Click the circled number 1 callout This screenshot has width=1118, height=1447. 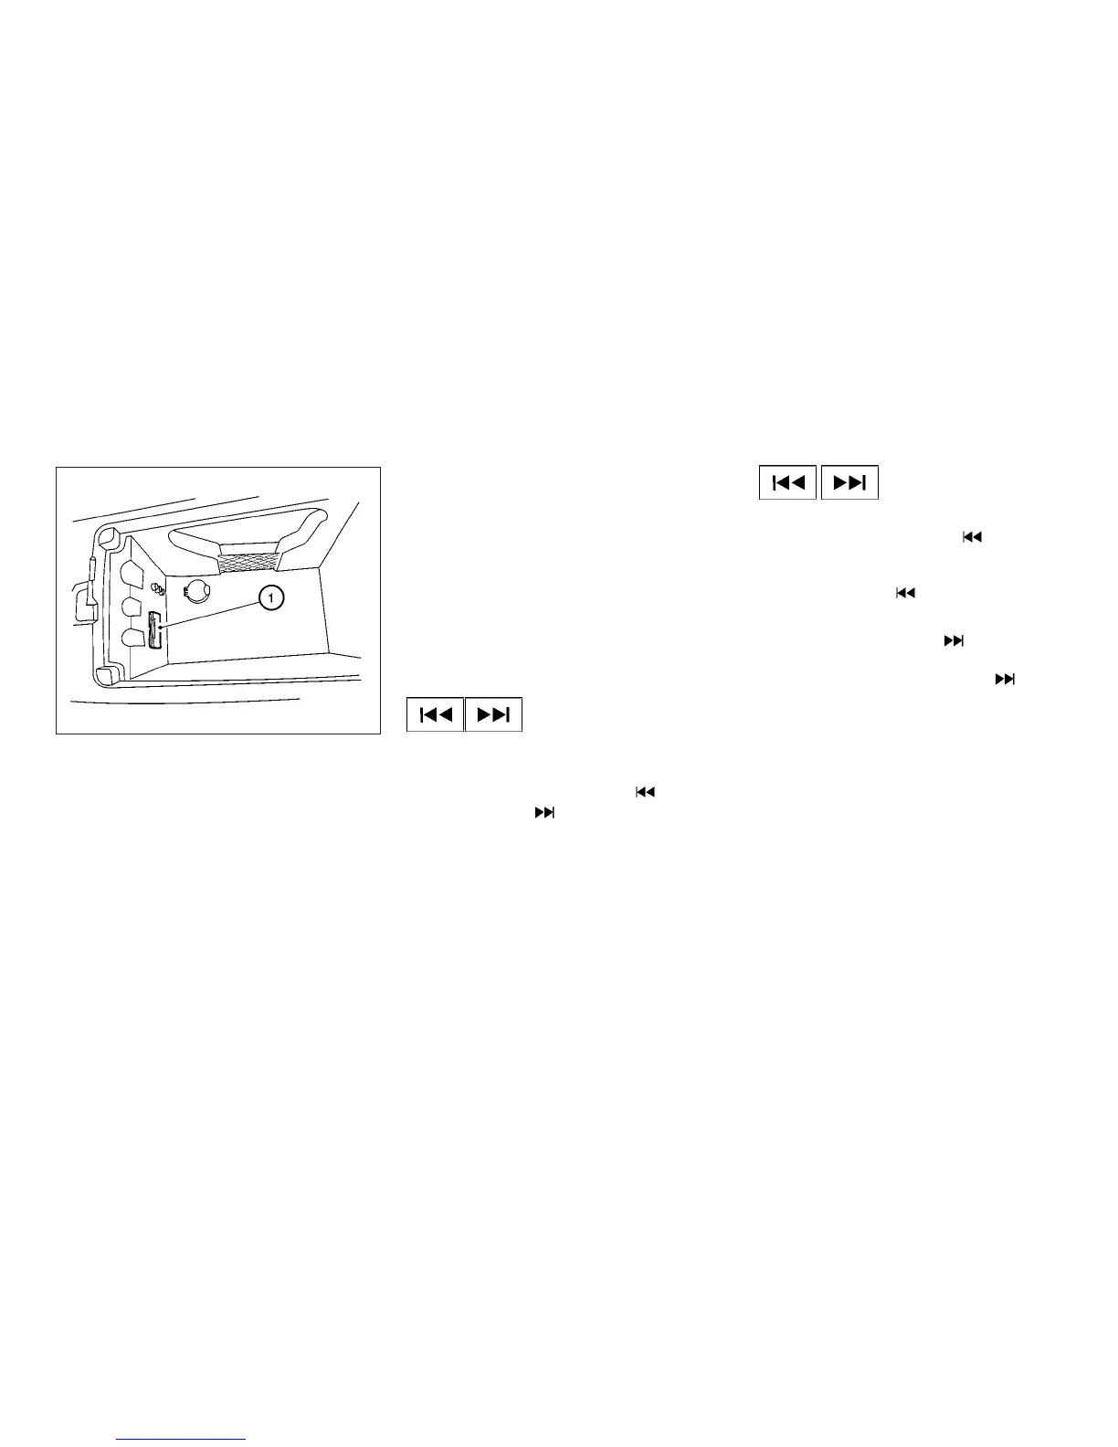click(271, 598)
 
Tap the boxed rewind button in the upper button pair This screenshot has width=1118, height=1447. click(787, 483)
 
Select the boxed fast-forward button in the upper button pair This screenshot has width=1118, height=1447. click(849, 483)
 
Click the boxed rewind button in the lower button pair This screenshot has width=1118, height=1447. click(435, 714)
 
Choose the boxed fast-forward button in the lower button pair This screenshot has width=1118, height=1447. click(493, 714)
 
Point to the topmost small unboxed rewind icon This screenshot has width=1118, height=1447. click(971, 538)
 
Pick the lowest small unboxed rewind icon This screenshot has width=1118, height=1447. click(645, 792)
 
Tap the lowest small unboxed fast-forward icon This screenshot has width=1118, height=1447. click(544, 811)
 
